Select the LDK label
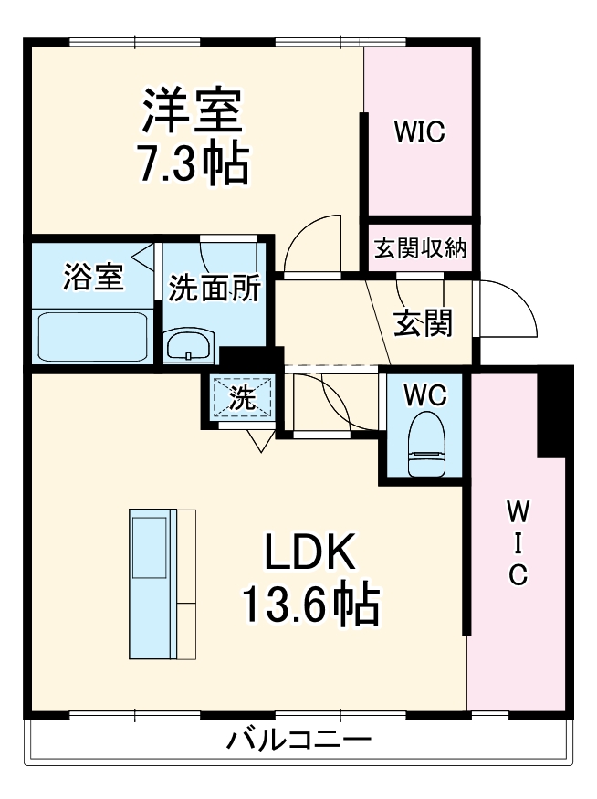309,552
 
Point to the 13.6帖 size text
309,603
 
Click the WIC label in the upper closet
419,131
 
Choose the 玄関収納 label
420,248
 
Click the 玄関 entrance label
423,321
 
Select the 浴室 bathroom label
93,278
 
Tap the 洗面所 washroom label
215,288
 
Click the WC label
425,395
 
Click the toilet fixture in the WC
426,444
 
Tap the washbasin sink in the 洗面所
189,346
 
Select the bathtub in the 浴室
91,335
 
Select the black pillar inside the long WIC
553,411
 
